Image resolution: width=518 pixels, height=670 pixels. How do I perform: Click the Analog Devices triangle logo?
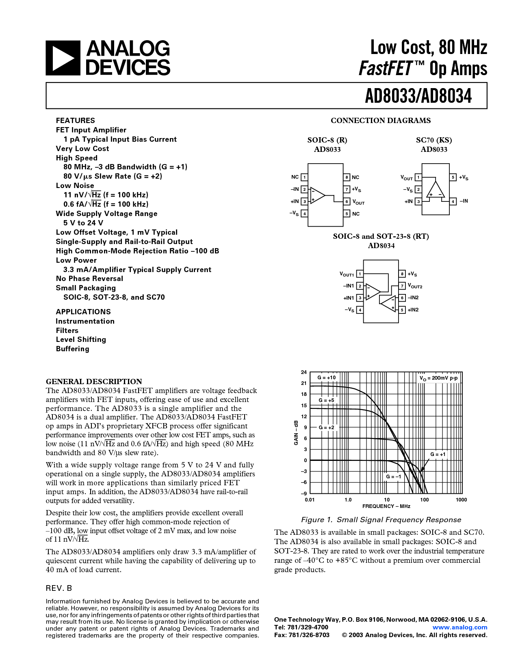[63, 58]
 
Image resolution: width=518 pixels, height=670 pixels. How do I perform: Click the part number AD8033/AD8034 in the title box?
[418, 96]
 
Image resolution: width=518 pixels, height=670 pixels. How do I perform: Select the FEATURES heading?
[75, 121]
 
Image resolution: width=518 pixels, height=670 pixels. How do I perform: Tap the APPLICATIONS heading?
[83, 312]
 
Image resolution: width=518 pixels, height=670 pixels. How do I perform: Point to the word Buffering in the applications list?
[72, 349]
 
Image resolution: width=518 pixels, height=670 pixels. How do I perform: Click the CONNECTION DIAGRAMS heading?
[381, 121]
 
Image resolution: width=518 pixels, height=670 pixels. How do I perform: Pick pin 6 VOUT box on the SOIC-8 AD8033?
[347, 202]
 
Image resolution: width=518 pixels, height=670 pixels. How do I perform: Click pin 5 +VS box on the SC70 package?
[453, 177]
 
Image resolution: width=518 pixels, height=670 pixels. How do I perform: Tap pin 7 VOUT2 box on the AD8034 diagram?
[402, 286]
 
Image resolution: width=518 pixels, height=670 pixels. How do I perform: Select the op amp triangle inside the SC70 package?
[436, 189]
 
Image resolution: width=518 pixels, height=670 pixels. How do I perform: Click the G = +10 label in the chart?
[326, 378]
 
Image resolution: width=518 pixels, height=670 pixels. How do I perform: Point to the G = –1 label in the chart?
[393, 476]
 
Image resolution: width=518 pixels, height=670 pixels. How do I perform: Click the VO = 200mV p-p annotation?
[438, 378]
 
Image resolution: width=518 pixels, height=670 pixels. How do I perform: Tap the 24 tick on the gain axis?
[303, 372]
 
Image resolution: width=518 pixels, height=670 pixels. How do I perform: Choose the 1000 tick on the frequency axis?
[461, 500]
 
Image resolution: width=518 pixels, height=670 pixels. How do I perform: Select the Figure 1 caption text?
[381, 520]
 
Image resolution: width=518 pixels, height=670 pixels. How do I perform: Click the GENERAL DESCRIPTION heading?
[94, 381]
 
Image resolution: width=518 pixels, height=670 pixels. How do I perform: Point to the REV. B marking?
[59, 588]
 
